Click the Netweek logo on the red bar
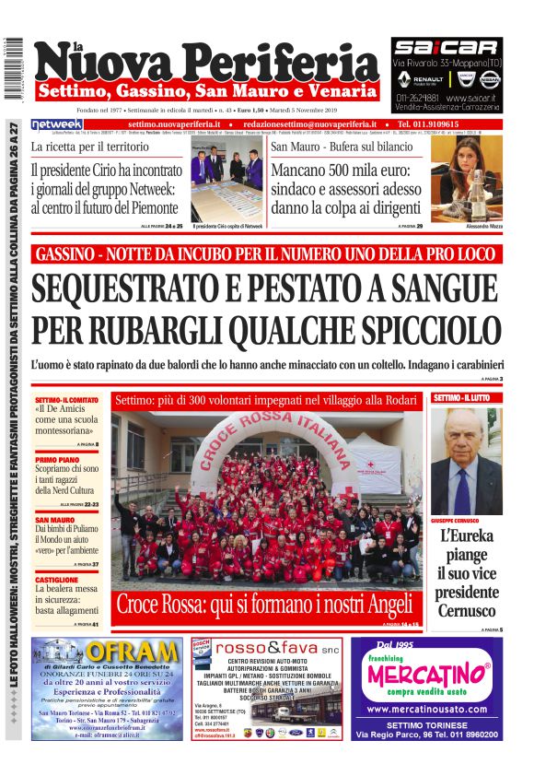(56, 123)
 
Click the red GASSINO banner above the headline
(266, 253)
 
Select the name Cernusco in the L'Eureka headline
(466, 610)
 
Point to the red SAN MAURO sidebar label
(55, 520)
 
